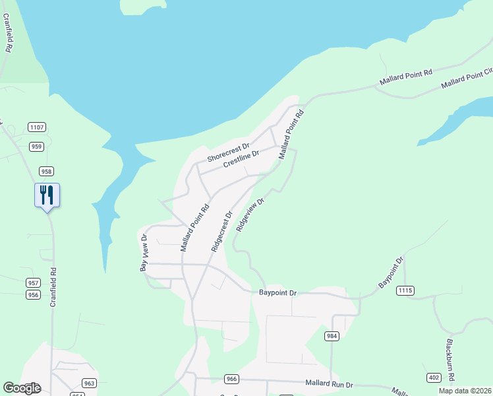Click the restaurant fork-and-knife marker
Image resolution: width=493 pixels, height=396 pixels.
tap(47, 195)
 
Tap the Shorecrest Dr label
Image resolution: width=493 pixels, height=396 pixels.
tap(229, 153)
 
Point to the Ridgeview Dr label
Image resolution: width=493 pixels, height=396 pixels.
tap(250, 213)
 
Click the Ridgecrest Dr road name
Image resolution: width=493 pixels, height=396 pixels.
tap(222, 232)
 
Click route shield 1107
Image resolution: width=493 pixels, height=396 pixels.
tap(37, 127)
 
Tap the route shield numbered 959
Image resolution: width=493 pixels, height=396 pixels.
tap(37, 147)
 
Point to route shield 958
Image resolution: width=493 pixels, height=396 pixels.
tap(46, 171)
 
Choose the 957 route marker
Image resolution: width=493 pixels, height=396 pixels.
tap(33, 282)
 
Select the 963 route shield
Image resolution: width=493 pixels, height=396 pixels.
tap(90, 383)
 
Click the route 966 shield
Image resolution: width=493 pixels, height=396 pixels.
tap(231, 379)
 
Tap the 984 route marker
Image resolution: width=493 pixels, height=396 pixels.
tap(332, 336)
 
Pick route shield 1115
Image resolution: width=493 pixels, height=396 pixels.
tap(405, 290)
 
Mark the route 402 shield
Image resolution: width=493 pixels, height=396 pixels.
tap(434, 378)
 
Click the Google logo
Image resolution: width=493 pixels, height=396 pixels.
tap(22, 388)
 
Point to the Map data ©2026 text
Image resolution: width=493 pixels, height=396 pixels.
tap(465, 391)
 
